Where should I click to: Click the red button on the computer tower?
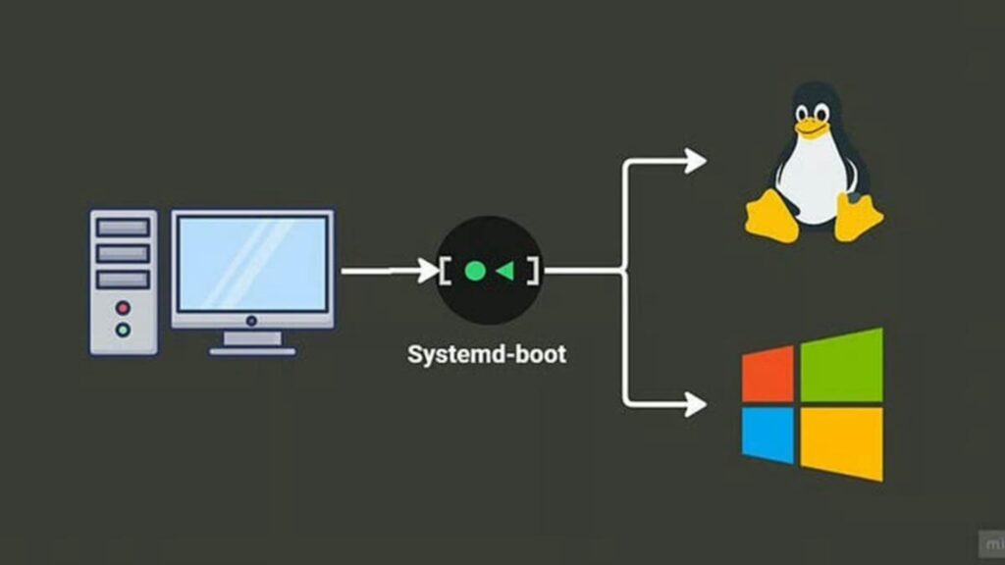[x=123, y=307]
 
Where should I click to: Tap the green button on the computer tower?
[x=123, y=330]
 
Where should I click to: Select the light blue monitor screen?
[x=252, y=263]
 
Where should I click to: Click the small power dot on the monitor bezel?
[x=252, y=320]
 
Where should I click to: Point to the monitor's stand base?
[x=252, y=349]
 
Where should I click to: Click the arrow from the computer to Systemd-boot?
[x=388, y=271]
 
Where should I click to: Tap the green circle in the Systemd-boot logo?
[x=474, y=271]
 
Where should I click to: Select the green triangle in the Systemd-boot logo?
[x=505, y=271]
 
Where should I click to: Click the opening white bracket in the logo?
[x=447, y=271]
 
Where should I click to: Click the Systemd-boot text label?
[x=487, y=354]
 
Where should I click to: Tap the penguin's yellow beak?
[x=811, y=126]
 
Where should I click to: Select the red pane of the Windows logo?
[x=767, y=375]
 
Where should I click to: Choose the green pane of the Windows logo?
[x=841, y=365]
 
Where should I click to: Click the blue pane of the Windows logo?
[x=767, y=435]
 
